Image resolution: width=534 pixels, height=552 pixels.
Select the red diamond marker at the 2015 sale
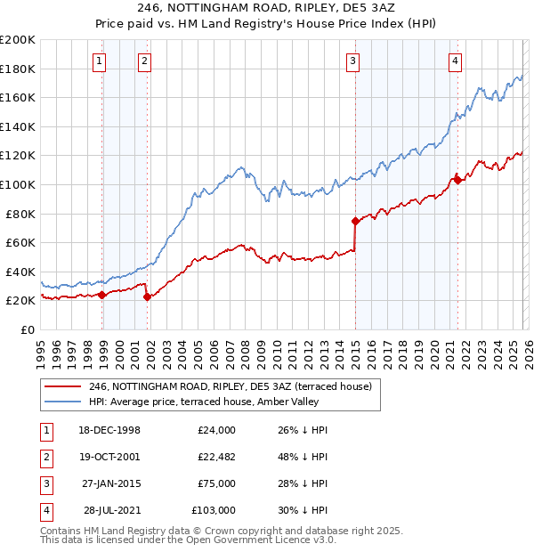(x=355, y=220)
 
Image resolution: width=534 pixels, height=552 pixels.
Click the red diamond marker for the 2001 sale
(x=147, y=297)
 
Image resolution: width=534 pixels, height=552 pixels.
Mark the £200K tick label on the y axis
(x=18, y=40)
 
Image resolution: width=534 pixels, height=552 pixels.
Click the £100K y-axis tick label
(x=18, y=184)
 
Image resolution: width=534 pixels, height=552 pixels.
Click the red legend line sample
(x=61, y=386)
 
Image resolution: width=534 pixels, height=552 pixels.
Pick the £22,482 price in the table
(x=213, y=457)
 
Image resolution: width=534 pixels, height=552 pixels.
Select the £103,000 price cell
(x=213, y=510)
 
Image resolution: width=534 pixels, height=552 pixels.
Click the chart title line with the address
(x=267, y=6)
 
